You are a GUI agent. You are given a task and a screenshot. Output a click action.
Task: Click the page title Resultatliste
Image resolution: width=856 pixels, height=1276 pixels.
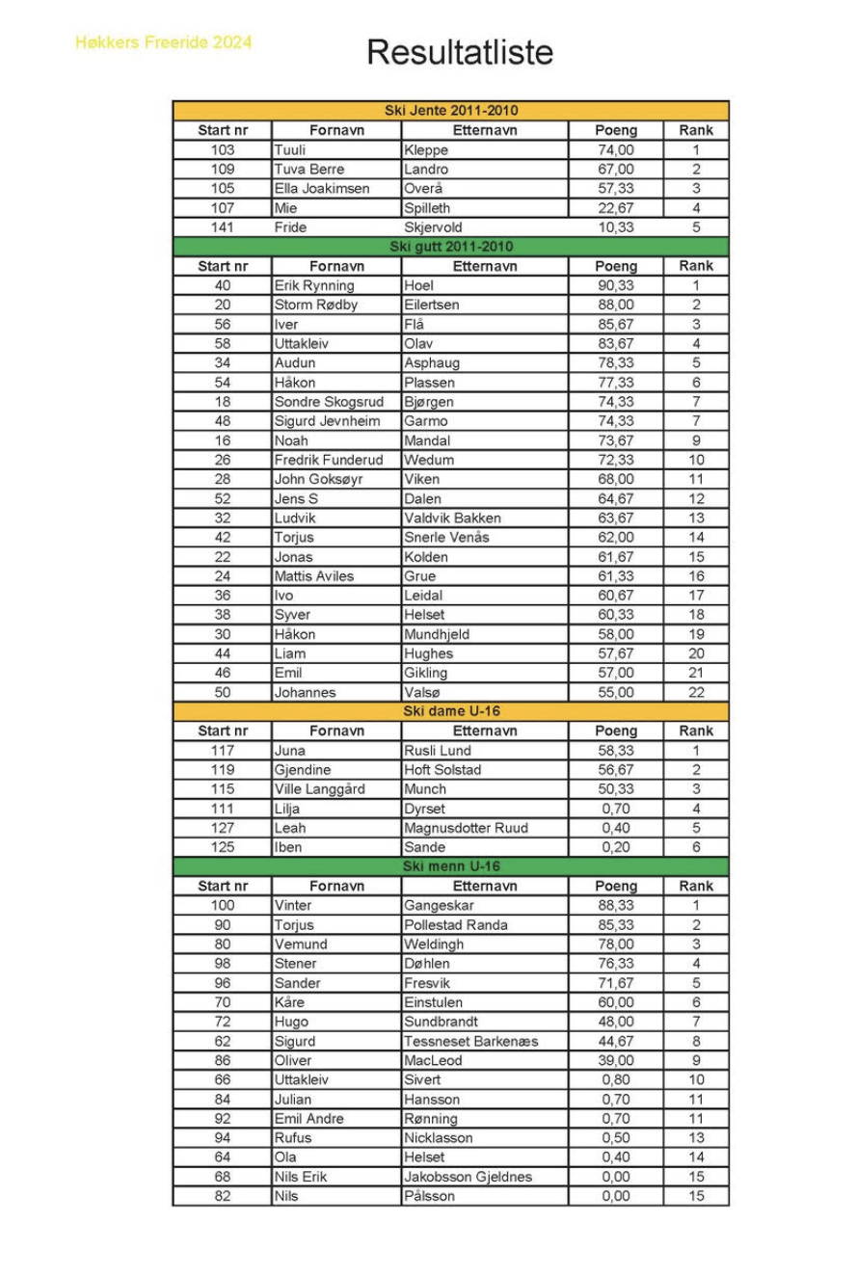pyautogui.click(x=460, y=52)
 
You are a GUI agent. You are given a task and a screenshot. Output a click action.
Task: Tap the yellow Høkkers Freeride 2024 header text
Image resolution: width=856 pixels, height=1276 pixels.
pyautogui.click(x=164, y=42)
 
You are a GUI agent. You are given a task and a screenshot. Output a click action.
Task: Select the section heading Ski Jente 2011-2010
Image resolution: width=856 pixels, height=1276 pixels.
pyautogui.click(x=451, y=111)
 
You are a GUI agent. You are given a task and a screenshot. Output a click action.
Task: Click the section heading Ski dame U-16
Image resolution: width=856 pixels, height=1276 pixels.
pyautogui.click(x=451, y=711)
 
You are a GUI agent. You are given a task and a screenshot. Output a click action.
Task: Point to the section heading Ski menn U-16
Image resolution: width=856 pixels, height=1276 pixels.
pyautogui.click(x=451, y=866)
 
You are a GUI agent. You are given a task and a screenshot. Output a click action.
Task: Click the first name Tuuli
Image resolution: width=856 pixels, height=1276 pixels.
pyautogui.click(x=290, y=150)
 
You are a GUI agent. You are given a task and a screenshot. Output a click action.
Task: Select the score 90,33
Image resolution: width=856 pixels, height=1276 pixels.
pyautogui.click(x=616, y=285)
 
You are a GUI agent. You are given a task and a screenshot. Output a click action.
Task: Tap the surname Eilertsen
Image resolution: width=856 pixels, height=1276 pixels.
pyautogui.click(x=432, y=305)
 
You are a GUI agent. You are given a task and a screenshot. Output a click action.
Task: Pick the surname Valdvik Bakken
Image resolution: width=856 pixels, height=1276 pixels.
pyautogui.click(x=452, y=518)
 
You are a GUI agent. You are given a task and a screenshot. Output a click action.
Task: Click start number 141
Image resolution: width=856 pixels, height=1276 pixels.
pyautogui.click(x=223, y=227)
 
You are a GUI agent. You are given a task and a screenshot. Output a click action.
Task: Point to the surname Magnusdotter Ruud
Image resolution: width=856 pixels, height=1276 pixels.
pyautogui.click(x=466, y=828)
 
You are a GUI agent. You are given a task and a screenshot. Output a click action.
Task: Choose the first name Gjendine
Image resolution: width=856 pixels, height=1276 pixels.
pyautogui.click(x=303, y=770)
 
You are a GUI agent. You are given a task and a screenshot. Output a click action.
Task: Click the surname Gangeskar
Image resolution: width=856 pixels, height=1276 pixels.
pyautogui.click(x=439, y=905)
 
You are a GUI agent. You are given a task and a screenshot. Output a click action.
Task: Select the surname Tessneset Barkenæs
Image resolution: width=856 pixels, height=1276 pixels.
pyautogui.click(x=471, y=1041)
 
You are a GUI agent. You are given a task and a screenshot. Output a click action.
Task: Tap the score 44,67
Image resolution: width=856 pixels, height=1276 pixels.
pyautogui.click(x=616, y=1041)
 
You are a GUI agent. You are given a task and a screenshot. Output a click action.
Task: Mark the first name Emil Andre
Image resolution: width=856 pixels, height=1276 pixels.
pyautogui.click(x=309, y=1119)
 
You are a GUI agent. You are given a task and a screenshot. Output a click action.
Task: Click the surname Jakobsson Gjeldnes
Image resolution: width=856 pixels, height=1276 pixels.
pyautogui.click(x=468, y=1177)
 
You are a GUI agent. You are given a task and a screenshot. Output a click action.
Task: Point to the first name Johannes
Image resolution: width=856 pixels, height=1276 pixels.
pyautogui.click(x=306, y=692)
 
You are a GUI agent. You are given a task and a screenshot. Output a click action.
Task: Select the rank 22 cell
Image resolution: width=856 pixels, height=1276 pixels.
pyautogui.click(x=696, y=692)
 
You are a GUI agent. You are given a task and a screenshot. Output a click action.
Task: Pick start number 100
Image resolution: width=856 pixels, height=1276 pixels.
pyautogui.click(x=223, y=905)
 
